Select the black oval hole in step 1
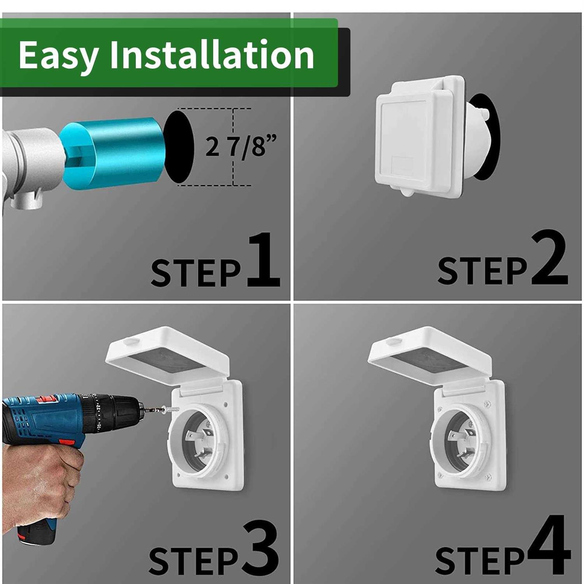click(x=178, y=147)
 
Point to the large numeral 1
click(x=264, y=260)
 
